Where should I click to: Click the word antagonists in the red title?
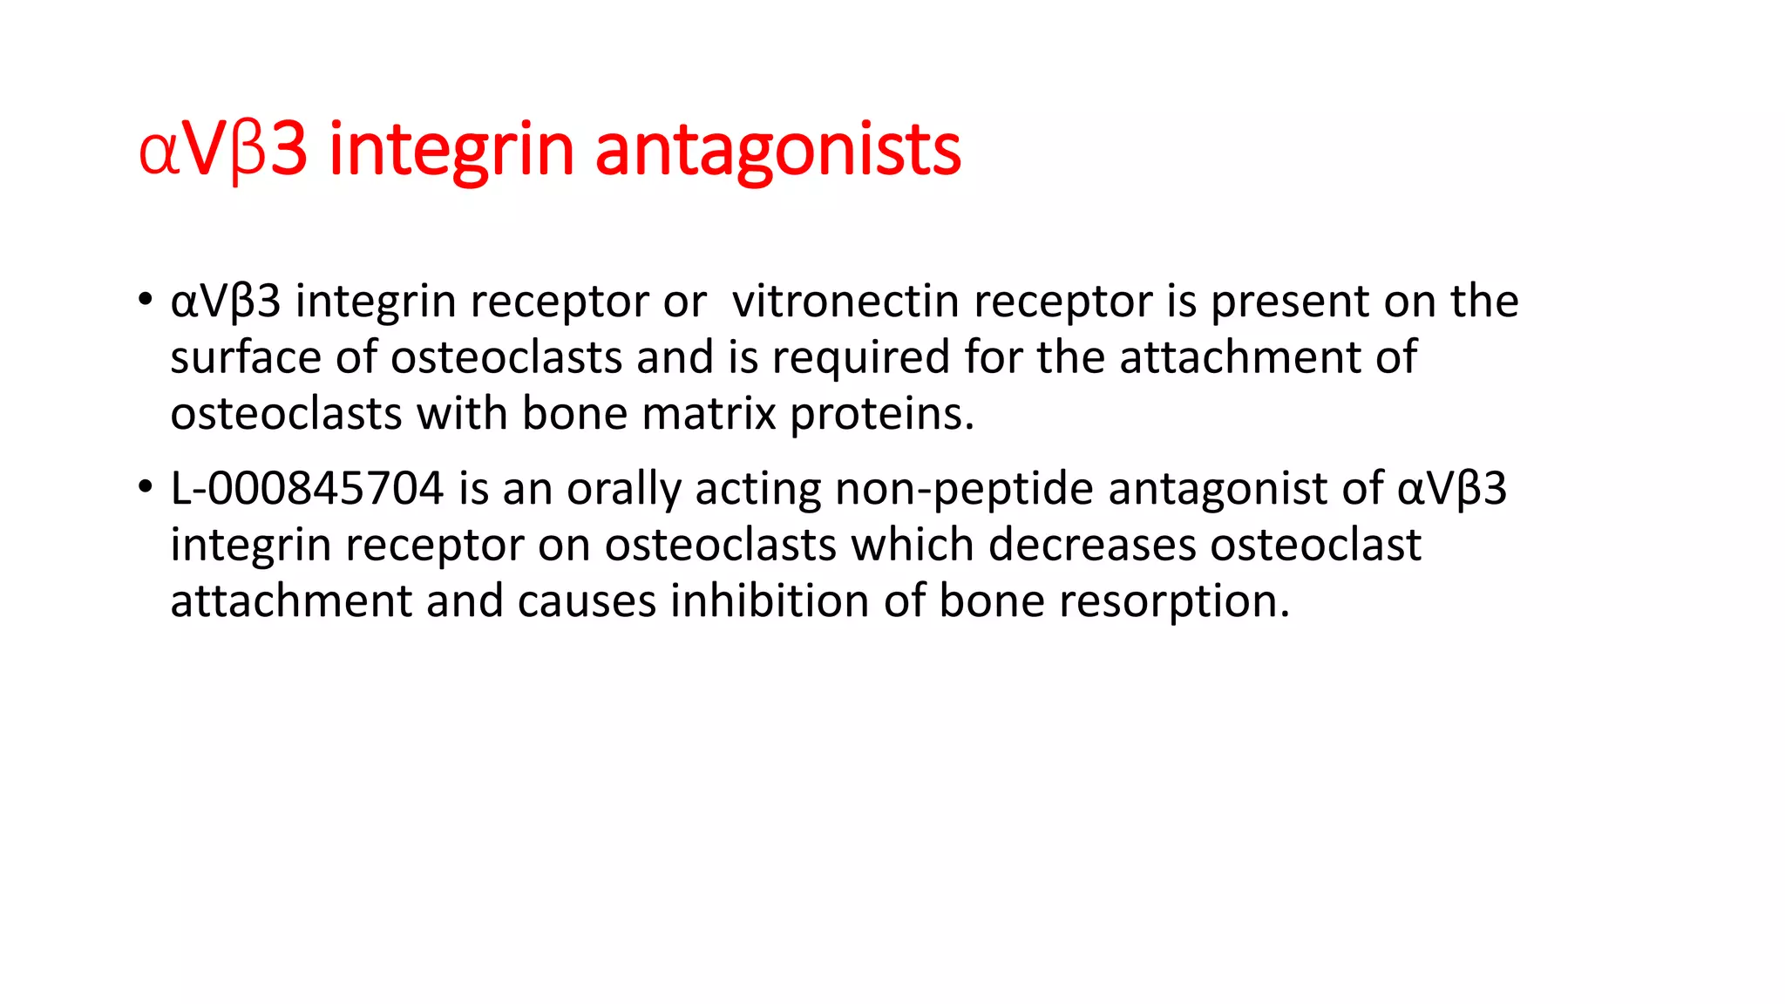777,150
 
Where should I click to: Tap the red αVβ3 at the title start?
223,150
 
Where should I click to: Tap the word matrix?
709,414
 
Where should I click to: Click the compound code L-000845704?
307,488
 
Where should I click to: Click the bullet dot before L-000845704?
145,487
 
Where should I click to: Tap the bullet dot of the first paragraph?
145,300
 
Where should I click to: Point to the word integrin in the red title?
451,150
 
